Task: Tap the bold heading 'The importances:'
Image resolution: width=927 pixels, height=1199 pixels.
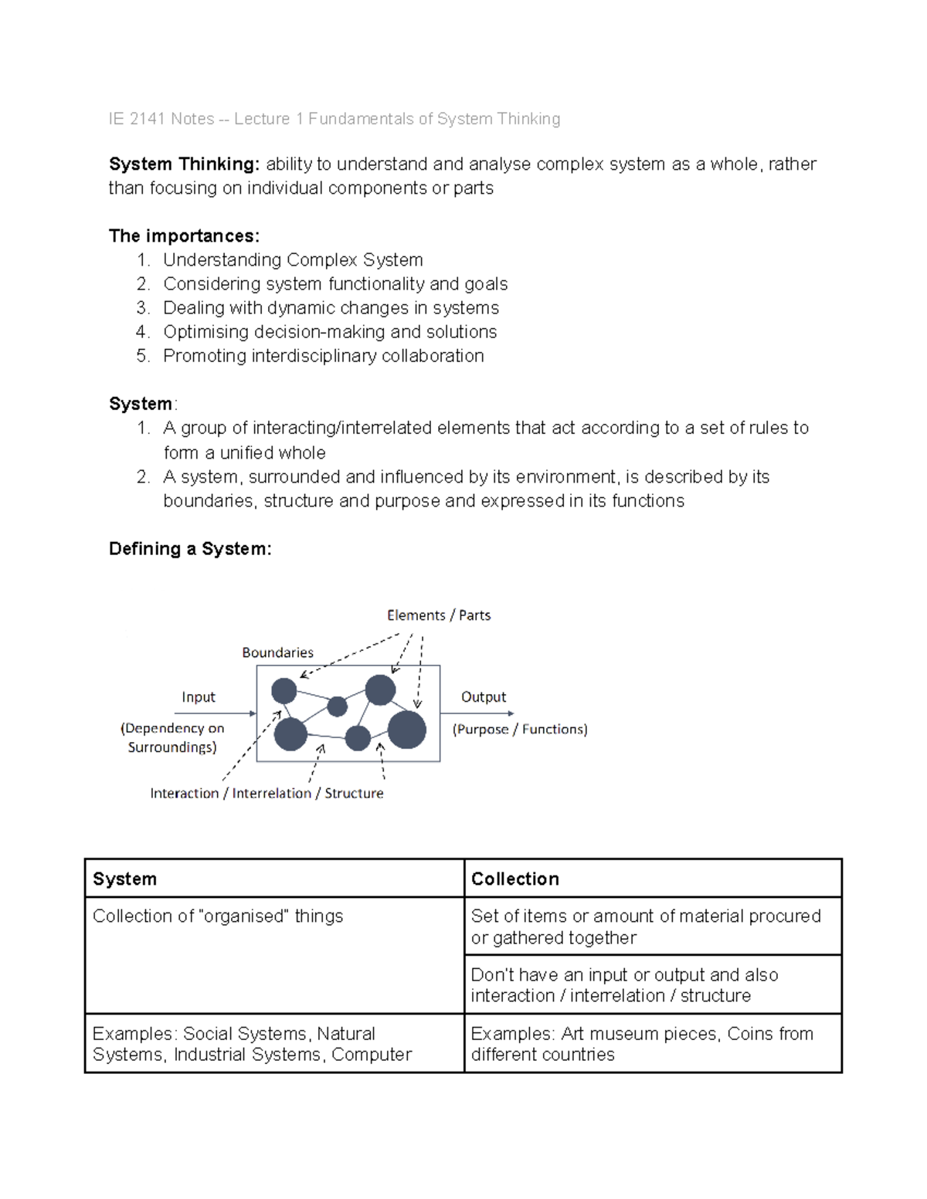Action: tap(184, 236)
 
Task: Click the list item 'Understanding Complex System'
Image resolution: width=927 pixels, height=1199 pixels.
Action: tap(293, 260)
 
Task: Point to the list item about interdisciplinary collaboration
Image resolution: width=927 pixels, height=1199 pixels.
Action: tap(323, 356)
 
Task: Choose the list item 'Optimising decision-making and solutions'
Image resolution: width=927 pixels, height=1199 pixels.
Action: tap(330, 332)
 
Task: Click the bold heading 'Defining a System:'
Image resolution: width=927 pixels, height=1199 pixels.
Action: tap(190, 549)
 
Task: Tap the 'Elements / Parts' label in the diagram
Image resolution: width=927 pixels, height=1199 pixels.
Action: tap(438, 615)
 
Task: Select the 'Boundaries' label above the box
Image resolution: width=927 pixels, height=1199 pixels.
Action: tap(277, 652)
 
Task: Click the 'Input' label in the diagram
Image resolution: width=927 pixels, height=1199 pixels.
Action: tap(199, 697)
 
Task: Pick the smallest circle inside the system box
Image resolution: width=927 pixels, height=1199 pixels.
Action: tap(338, 706)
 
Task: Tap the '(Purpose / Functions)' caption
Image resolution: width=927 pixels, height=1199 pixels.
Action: tap(520, 730)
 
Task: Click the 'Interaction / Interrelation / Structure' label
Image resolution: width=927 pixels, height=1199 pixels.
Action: tap(267, 794)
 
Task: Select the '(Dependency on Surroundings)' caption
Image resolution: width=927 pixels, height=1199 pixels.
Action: tap(172, 737)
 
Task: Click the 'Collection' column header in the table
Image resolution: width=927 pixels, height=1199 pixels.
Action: tap(515, 879)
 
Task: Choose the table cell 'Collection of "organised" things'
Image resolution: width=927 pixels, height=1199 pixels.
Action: tap(218, 916)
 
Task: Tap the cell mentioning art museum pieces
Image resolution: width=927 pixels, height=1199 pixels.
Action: tap(641, 1044)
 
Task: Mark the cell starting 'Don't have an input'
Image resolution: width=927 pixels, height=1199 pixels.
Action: tap(624, 985)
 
